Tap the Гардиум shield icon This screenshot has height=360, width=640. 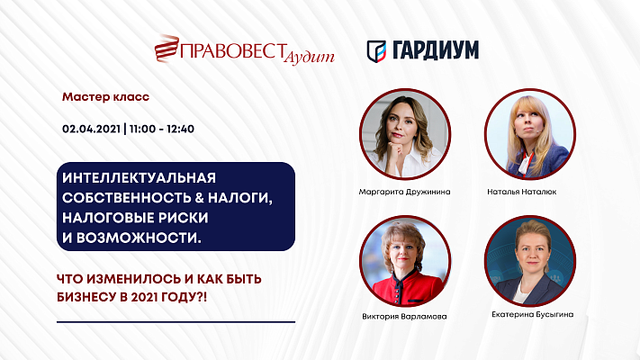pos(376,49)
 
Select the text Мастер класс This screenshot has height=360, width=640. pos(105,94)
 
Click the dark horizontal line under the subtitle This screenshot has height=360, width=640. pos(175,321)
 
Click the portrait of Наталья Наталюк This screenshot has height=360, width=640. pos(528,134)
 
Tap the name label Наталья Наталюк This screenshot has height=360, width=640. pos(530,193)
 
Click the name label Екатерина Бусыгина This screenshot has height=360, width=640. pos(530,314)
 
